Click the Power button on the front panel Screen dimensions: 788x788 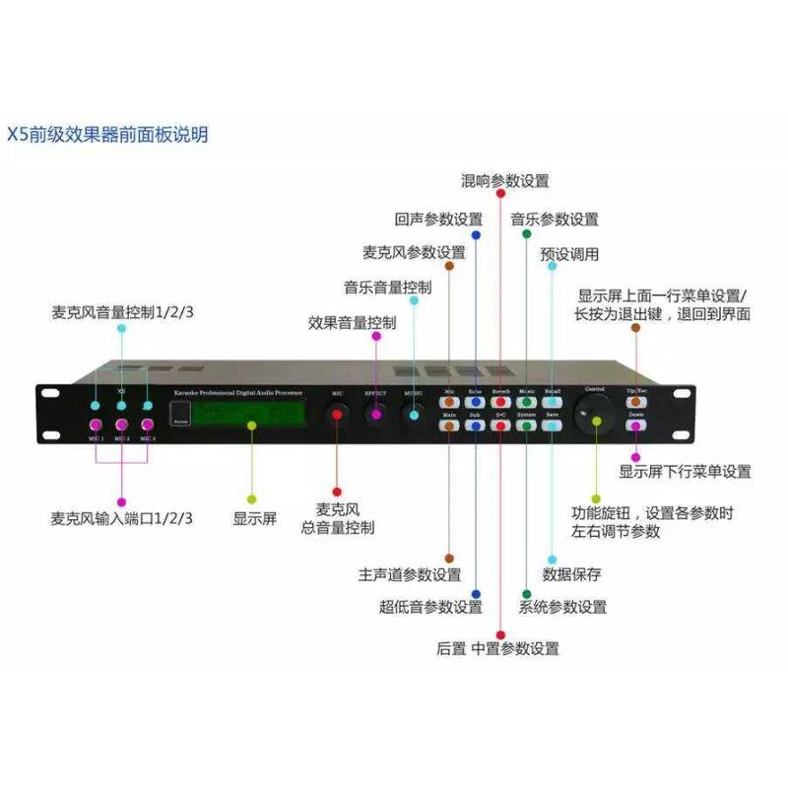[x=179, y=416]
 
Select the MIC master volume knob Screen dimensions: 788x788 [x=337, y=416]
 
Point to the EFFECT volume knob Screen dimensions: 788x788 [x=375, y=416]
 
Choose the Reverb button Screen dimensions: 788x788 [x=500, y=402]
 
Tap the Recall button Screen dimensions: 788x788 [x=552, y=402]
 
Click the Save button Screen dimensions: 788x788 [x=552, y=427]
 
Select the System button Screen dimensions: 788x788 [x=526, y=427]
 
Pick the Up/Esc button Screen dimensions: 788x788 [x=636, y=402]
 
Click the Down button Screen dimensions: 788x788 [x=636, y=427]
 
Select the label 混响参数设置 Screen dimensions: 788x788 [x=505, y=181]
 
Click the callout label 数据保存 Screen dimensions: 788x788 [x=571, y=574]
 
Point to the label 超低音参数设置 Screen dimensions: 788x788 [x=430, y=607]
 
